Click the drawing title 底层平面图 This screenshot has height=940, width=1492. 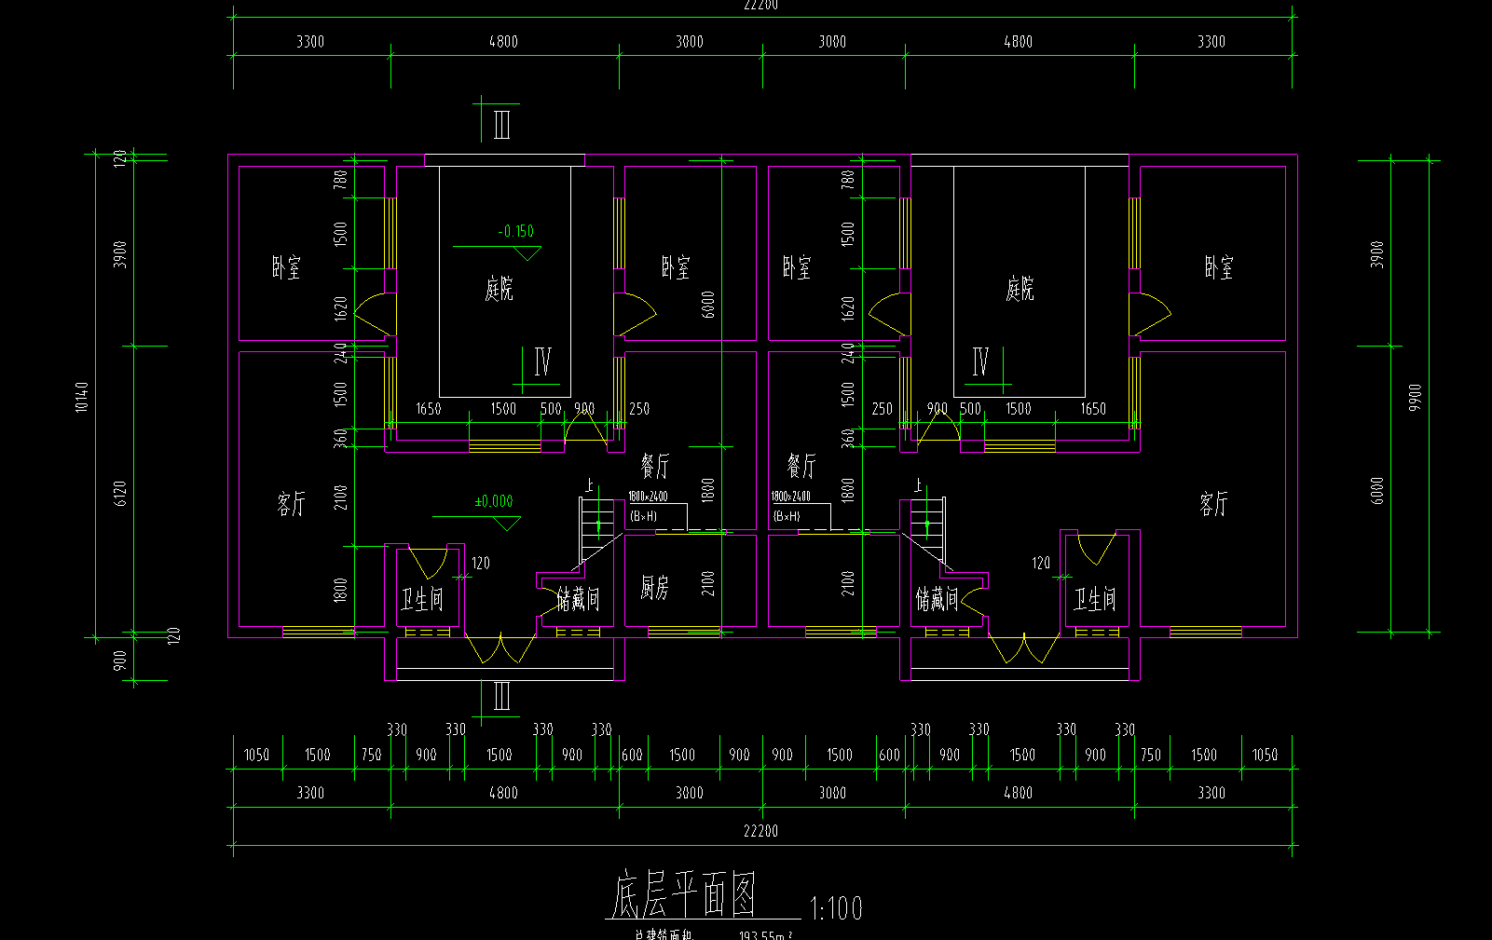click(683, 896)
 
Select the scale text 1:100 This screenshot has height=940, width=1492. click(836, 908)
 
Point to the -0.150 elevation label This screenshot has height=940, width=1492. click(516, 231)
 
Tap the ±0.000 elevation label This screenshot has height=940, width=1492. click(494, 501)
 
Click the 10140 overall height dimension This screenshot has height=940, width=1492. click(82, 397)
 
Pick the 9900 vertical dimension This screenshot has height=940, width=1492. click(1416, 397)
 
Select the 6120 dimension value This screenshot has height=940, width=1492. click(119, 494)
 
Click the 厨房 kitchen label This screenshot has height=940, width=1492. click(654, 588)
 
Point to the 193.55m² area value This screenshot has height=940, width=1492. click(765, 934)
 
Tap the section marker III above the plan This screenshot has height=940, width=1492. click(501, 124)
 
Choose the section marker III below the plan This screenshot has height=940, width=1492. click(501, 697)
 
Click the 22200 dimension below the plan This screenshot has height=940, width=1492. click(760, 830)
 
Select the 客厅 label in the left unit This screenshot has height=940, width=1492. click(291, 504)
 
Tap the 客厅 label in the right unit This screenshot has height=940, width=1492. click(1213, 504)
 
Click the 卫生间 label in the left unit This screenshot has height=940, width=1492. click(422, 599)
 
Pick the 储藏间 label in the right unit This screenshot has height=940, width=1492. click(936, 599)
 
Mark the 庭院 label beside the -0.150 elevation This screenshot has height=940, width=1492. click(499, 289)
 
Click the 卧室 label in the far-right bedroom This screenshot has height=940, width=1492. click(1219, 268)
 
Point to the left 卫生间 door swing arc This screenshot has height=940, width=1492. click(430, 565)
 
